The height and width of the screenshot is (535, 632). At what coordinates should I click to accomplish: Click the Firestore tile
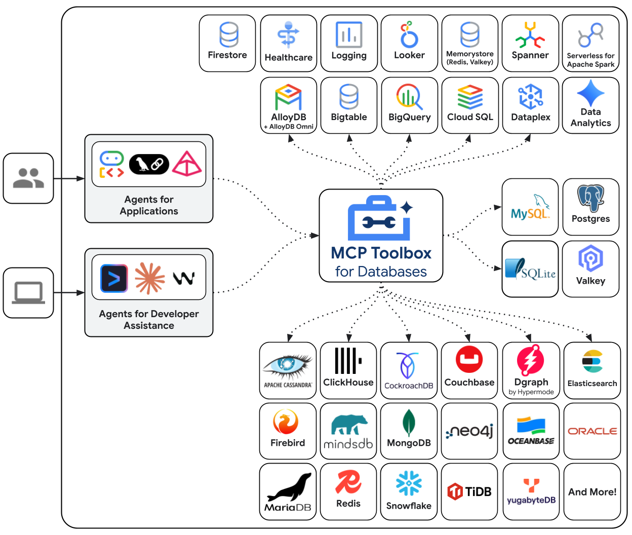[227, 43]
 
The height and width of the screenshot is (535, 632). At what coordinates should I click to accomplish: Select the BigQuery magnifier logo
[409, 96]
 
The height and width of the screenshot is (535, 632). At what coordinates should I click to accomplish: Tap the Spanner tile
[530, 43]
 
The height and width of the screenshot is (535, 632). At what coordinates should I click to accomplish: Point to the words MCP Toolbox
[381, 253]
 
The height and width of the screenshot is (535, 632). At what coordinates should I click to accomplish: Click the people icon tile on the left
[28, 178]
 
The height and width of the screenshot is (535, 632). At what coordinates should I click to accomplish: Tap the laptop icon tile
[28, 293]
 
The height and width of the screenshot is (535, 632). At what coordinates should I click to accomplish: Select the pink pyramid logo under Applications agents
[187, 164]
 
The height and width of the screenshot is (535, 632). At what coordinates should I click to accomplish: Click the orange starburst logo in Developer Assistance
[150, 278]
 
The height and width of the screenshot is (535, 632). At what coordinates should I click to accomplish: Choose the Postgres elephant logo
[590, 198]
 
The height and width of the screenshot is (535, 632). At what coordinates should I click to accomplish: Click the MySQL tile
[530, 207]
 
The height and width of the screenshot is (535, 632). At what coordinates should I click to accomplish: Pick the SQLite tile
[530, 269]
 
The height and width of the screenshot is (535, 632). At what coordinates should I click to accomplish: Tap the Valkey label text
[590, 281]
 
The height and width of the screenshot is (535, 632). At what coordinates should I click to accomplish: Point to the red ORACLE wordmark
[592, 431]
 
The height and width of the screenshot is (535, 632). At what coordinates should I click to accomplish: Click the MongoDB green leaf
[409, 423]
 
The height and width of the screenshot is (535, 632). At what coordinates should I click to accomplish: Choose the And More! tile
[592, 491]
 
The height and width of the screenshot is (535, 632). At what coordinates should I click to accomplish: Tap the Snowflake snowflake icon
[409, 484]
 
